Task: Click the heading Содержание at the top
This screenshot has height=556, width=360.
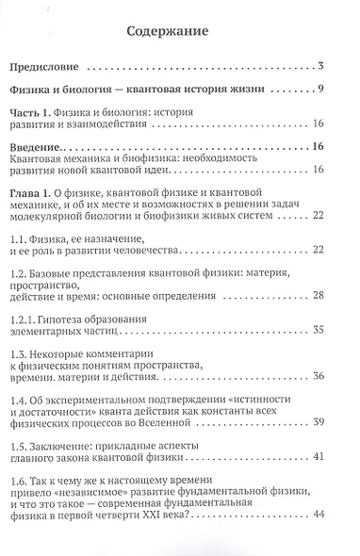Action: (179, 32)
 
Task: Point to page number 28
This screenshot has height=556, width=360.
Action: (318, 298)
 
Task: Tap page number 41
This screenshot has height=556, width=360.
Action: (318, 482)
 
